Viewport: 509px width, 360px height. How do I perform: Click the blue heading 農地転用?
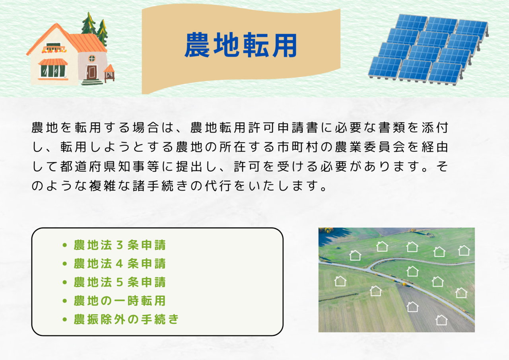click(241, 45)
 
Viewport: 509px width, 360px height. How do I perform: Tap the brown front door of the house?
click(91, 72)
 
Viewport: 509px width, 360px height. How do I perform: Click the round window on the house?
click(92, 58)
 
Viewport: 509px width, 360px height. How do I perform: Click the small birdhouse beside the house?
click(109, 73)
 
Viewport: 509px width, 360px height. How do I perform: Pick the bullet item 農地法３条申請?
click(120, 245)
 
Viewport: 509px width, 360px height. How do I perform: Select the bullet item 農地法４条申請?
click(120, 264)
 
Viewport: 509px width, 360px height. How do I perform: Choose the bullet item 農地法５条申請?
click(120, 282)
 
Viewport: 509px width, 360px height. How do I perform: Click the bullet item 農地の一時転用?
click(120, 301)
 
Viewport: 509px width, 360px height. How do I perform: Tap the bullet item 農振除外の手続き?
click(126, 319)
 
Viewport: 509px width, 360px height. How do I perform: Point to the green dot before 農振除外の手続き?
click(64, 319)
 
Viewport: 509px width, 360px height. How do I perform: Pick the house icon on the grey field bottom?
click(441, 320)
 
